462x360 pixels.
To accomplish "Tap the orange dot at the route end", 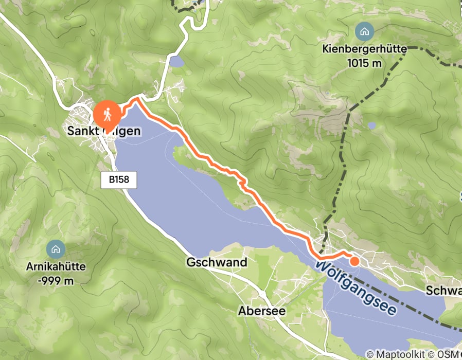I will tap(354, 261).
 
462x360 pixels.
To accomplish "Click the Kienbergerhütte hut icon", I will tap(364, 32).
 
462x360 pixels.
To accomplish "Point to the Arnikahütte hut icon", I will tap(56, 249).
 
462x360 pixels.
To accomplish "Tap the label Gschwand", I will tap(216, 263).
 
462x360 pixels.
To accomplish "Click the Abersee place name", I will tap(262, 311).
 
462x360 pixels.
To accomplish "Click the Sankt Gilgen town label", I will tap(103, 132).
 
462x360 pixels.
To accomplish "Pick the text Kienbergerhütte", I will tap(364, 50).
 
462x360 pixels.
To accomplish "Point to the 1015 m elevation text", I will tap(364, 63).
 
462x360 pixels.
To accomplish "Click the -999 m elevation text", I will tap(56, 281).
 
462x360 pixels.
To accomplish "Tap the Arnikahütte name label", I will tap(56, 267).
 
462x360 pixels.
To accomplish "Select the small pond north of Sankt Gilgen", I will tap(176, 62).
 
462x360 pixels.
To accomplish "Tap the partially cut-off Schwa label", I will tap(443, 291).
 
